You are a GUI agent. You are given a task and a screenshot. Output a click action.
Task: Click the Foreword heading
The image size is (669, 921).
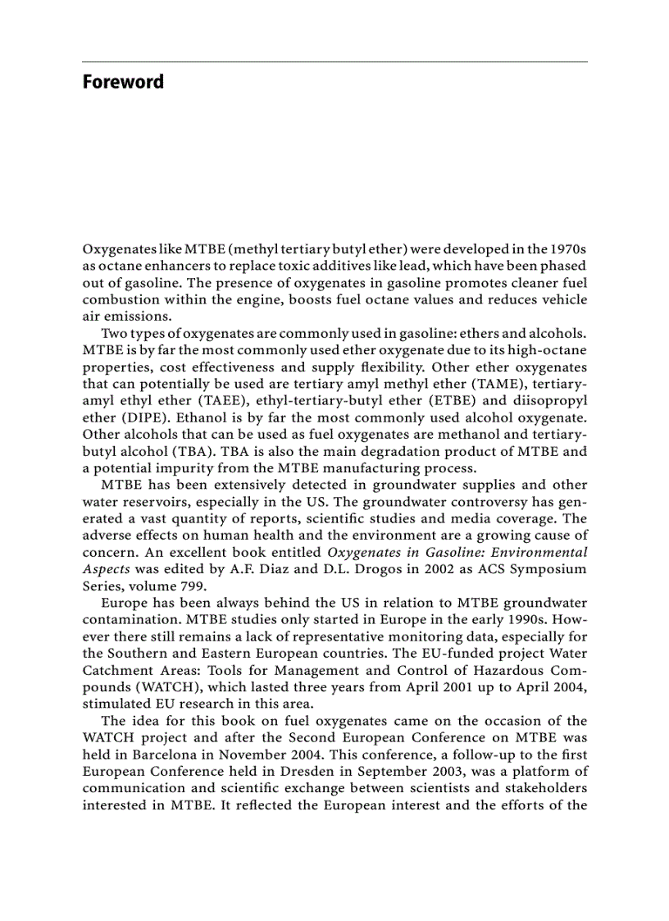click(123, 82)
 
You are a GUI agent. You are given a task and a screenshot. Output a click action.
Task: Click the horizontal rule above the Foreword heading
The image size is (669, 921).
click(334, 62)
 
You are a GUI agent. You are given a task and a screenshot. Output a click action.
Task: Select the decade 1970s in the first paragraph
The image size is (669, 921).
click(565, 248)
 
